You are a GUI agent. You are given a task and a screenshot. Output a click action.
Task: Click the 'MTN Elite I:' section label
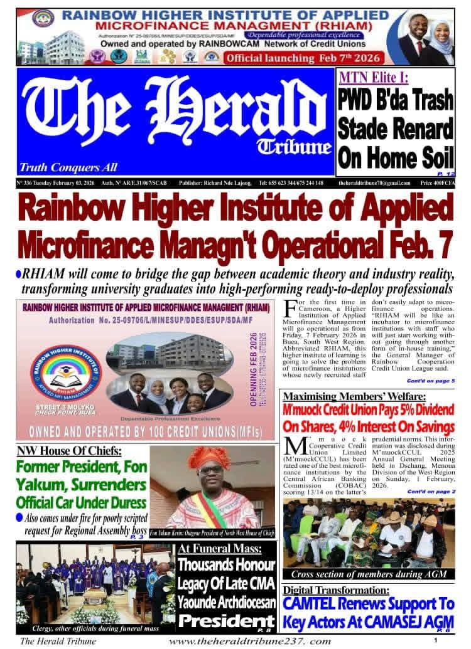(374, 78)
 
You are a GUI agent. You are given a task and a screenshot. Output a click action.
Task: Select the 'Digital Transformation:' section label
(335, 590)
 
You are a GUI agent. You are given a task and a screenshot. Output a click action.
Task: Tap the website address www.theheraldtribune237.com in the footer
(249, 641)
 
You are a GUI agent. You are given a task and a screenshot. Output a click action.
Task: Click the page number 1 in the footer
(435, 640)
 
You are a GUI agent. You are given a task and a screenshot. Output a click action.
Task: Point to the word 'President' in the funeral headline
(217, 620)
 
